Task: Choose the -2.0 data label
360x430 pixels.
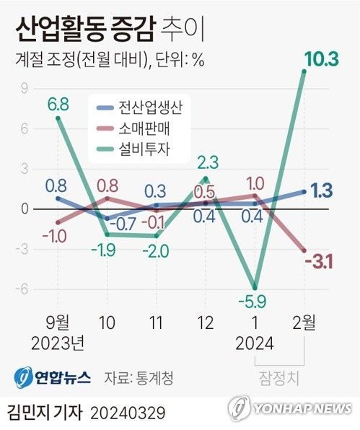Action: point(157,251)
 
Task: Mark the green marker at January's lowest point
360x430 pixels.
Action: point(255,286)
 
